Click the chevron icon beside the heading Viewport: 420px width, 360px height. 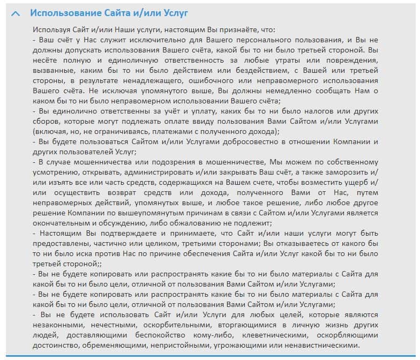[16, 13]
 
